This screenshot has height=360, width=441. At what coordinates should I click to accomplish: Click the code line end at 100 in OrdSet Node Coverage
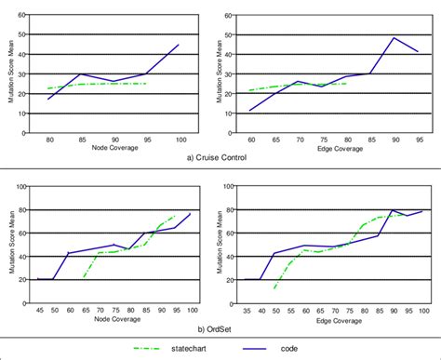[x=191, y=214]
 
